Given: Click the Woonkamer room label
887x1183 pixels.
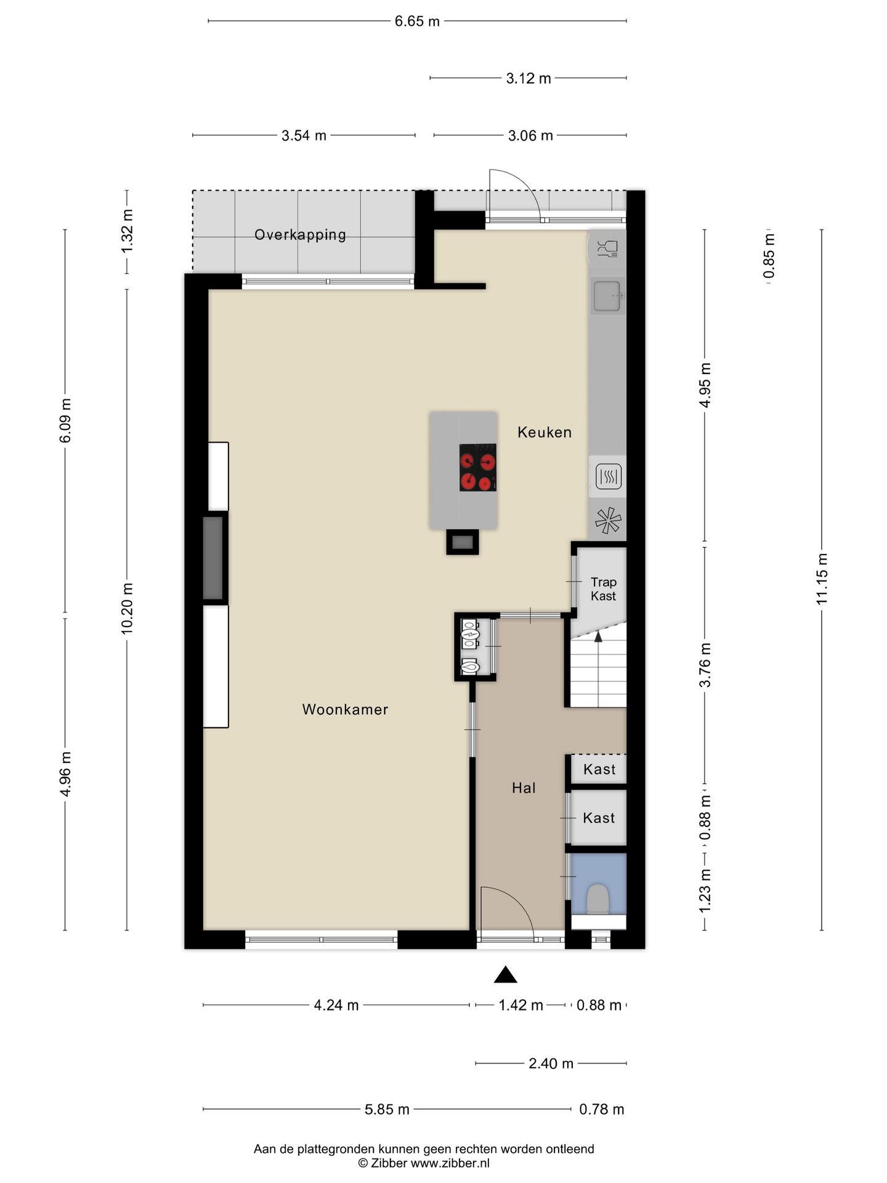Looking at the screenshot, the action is (x=345, y=709).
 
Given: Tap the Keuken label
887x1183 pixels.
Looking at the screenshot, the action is (x=545, y=432).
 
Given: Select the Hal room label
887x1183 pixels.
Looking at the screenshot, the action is (x=524, y=787).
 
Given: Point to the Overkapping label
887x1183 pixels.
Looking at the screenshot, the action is (x=300, y=235).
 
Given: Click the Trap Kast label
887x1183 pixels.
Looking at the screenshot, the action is (x=603, y=588).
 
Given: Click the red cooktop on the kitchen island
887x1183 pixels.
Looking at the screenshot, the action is (x=478, y=468).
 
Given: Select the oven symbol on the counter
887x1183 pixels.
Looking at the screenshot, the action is (x=609, y=476).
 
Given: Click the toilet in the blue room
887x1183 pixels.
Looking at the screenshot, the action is (x=597, y=899).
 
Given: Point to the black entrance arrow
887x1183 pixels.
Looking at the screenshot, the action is (x=505, y=974).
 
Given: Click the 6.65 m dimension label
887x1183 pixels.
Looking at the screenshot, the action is (x=418, y=22).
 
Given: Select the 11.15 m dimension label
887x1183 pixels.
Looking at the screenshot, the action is (x=822, y=579).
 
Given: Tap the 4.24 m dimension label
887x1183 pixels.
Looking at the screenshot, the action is (x=336, y=1005).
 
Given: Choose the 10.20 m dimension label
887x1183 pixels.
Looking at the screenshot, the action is (x=127, y=608).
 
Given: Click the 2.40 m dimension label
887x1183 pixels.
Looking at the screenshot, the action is (x=551, y=1063).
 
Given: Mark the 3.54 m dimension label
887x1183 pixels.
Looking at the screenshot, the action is (x=304, y=136).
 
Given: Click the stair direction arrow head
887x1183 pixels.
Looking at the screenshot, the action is (x=598, y=636).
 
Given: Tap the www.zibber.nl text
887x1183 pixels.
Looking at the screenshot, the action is (x=450, y=1163).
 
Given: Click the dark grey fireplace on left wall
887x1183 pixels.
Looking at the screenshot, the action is (x=213, y=558).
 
